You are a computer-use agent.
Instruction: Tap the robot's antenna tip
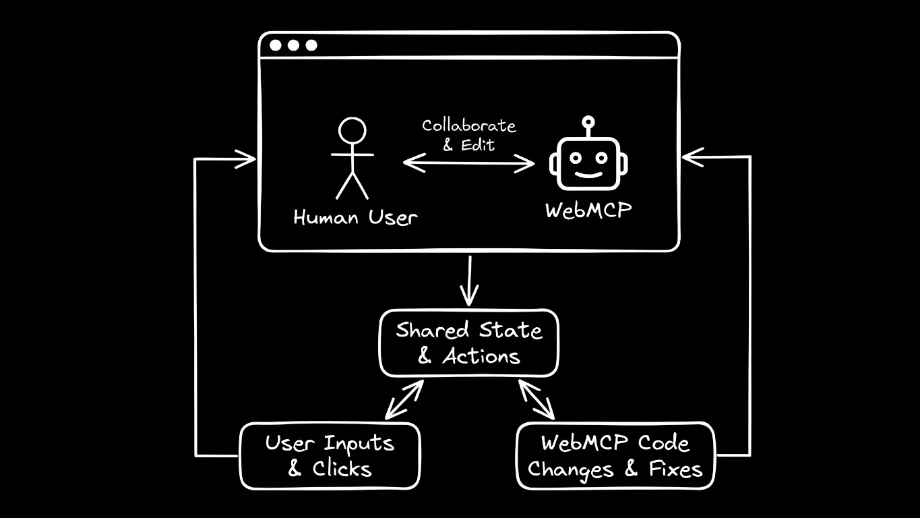pyautogui.click(x=588, y=122)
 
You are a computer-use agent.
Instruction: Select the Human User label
pyautogui.click(x=355, y=218)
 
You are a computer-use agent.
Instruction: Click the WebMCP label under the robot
pyautogui.click(x=588, y=210)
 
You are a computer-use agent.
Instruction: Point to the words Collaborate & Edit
pyautogui.click(x=468, y=134)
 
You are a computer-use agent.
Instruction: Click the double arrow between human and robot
pyautogui.click(x=468, y=163)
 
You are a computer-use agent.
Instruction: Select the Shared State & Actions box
pyautogui.click(x=468, y=343)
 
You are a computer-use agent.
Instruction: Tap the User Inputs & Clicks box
pyautogui.click(x=330, y=455)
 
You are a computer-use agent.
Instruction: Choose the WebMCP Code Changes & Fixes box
pyautogui.click(x=615, y=455)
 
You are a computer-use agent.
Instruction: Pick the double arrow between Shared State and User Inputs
pyautogui.click(x=404, y=400)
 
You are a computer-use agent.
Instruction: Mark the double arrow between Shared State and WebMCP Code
pyautogui.click(x=536, y=400)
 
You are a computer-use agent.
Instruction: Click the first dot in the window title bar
pyautogui.click(x=276, y=46)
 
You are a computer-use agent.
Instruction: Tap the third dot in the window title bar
pyautogui.click(x=311, y=46)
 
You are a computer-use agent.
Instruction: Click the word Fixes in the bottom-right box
pyautogui.click(x=675, y=469)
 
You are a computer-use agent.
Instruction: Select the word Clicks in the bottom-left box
pyautogui.click(x=342, y=469)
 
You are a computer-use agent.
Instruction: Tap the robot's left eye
pyautogui.click(x=575, y=157)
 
